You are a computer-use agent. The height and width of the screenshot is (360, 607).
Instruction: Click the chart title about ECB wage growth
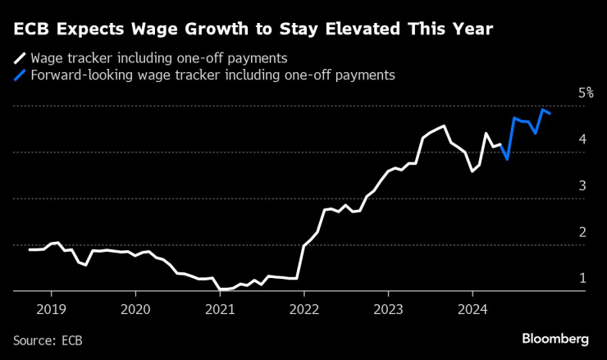click(253, 30)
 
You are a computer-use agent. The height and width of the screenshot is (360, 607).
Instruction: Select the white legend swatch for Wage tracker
click(19, 59)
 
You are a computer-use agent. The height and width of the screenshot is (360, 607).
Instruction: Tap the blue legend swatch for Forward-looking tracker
click(19, 75)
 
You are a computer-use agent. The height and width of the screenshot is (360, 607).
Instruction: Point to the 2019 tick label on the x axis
click(51, 310)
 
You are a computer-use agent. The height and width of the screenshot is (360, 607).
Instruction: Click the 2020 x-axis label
click(135, 310)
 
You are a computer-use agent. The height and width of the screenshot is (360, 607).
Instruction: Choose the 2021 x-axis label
click(220, 310)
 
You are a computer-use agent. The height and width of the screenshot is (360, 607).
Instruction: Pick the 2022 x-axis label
click(304, 310)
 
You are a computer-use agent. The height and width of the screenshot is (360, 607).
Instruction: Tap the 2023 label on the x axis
click(389, 310)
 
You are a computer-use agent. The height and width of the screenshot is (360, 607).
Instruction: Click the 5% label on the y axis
click(585, 93)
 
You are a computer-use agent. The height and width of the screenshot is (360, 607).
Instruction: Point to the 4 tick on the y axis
click(582, 140)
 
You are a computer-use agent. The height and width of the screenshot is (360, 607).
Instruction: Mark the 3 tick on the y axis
click(582, 186)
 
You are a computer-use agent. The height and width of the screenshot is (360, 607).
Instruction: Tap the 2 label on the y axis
click(582, 233)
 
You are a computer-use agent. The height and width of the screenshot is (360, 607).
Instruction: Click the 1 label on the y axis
click(582, 279)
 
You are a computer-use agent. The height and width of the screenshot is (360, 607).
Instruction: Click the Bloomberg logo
click(555, 338)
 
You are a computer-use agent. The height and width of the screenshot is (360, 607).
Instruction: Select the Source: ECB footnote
click(48, 339)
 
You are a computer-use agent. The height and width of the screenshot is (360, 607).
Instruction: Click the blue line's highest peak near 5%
click(543, 109)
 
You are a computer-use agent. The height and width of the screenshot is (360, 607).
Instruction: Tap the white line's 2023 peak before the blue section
click(444, 125)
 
